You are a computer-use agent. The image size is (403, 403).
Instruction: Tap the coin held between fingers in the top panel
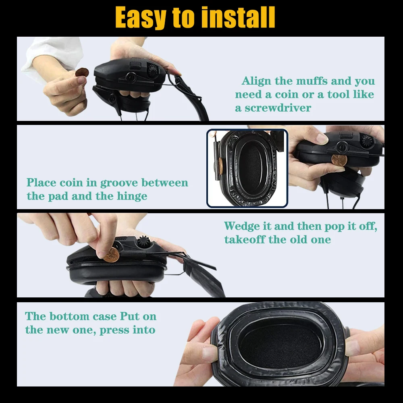click(x=82, y=73)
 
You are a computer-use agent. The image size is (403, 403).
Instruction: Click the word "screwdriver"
click(x=278, y=108)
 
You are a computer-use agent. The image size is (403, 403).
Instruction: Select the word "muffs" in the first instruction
click(x=312, y=81)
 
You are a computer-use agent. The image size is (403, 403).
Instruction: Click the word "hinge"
click(x=132, y=196)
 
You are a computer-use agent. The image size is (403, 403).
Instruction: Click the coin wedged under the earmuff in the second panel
click(x=339, y=160)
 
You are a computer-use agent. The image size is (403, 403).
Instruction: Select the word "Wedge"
click(x=242, y=226)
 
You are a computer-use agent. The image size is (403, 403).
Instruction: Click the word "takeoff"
click(x=245, y=239)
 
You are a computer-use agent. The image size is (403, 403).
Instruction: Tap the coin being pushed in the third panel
click(x=111, y=255)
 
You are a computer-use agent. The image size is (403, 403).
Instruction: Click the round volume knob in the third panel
click(x=142, y=242)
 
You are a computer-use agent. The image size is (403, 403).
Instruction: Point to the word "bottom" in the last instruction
click(x=69, y=316)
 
